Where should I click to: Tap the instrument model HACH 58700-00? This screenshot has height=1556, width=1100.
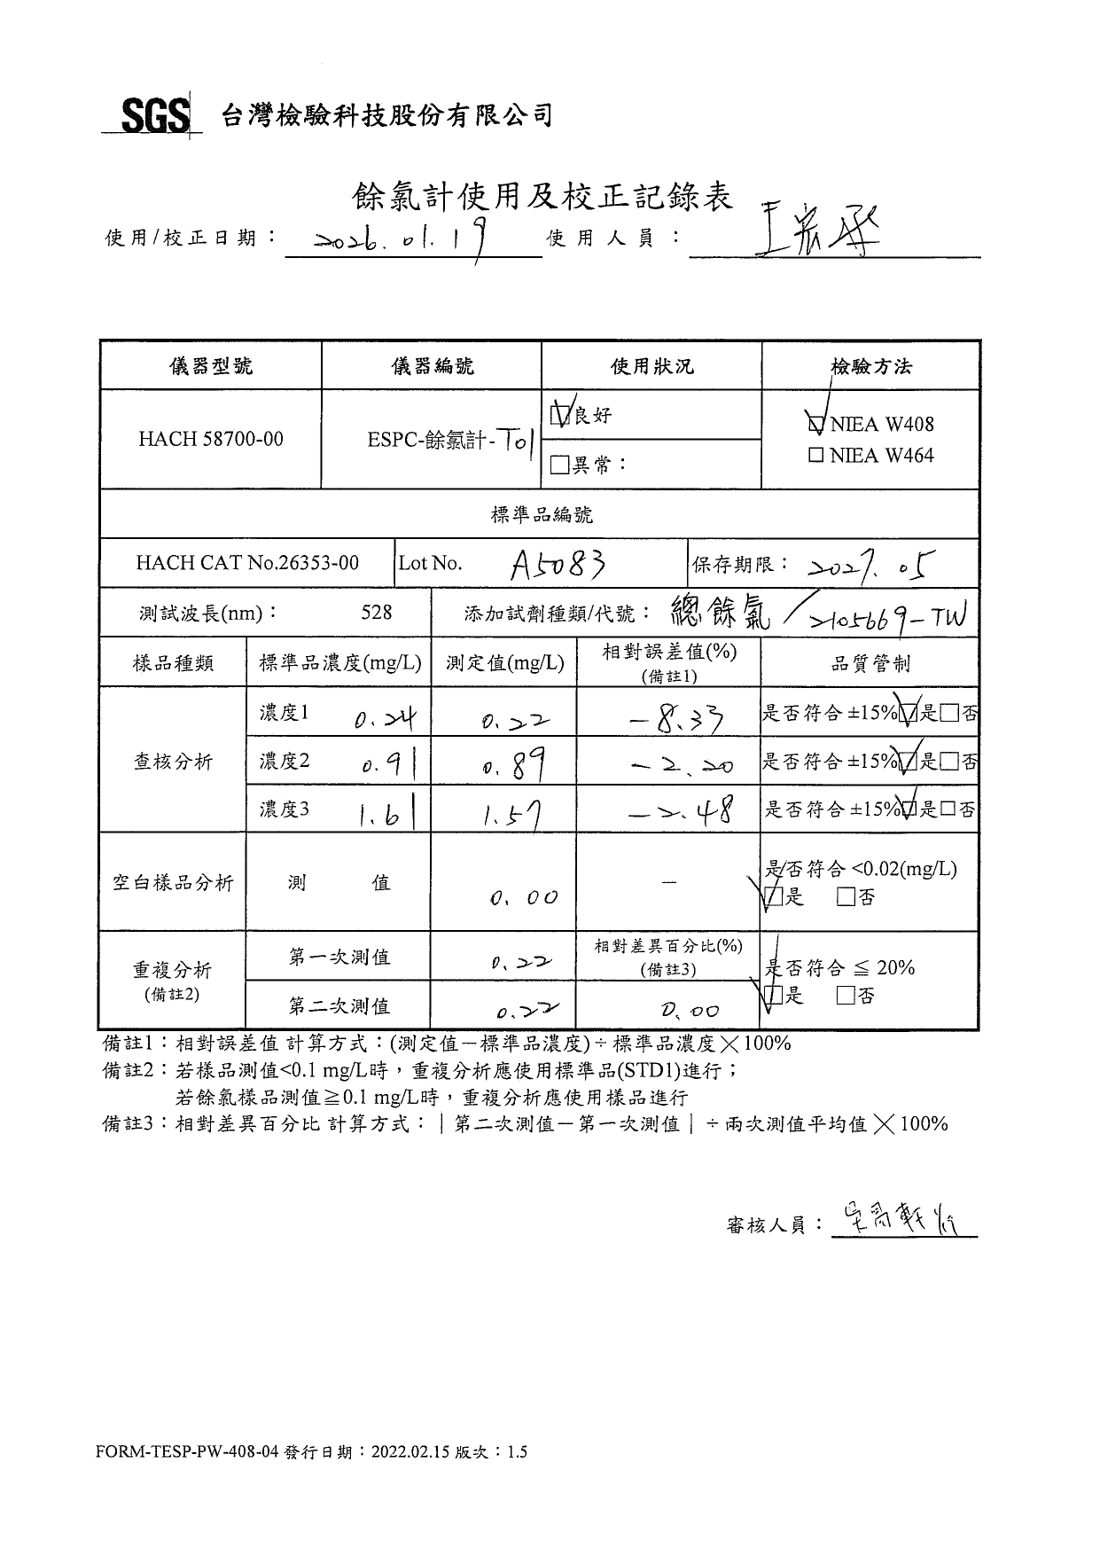point(210,439)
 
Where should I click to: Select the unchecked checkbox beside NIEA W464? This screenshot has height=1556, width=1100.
point(816,456)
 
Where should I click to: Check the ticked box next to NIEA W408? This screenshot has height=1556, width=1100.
point(816,424)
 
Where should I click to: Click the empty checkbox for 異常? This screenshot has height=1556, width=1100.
point(559,465)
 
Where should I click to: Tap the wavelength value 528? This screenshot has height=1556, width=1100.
point(377,612)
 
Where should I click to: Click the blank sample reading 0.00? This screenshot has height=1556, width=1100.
point(523,898)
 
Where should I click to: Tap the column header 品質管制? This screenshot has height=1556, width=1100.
point(870,663)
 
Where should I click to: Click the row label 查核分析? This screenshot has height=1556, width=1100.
point(173,761)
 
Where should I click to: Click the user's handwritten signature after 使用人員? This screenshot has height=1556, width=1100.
point(811,231)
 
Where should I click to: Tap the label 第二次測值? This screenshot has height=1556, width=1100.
point(339,1005)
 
